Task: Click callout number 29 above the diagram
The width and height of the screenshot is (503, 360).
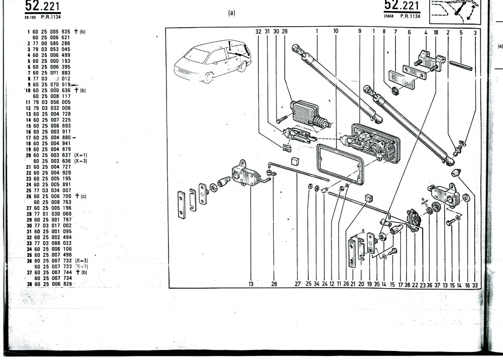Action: click(x=284, y=31)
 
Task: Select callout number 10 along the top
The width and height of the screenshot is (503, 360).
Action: click(x=336, y=31)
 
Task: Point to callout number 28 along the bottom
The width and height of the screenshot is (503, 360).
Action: click(x=274, y=284)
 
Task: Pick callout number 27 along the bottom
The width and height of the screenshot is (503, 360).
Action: click(x=298, y=284)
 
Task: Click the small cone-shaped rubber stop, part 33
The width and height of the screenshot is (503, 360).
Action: click(x=456, y=172)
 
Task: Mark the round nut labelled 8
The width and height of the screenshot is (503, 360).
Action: click(x=395, y=92)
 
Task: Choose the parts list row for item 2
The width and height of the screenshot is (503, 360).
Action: click(x=48, y=43)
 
